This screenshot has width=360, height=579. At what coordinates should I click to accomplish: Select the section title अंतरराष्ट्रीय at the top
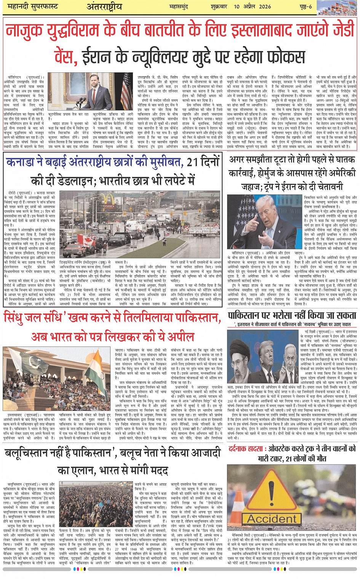(x=104, y=6)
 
